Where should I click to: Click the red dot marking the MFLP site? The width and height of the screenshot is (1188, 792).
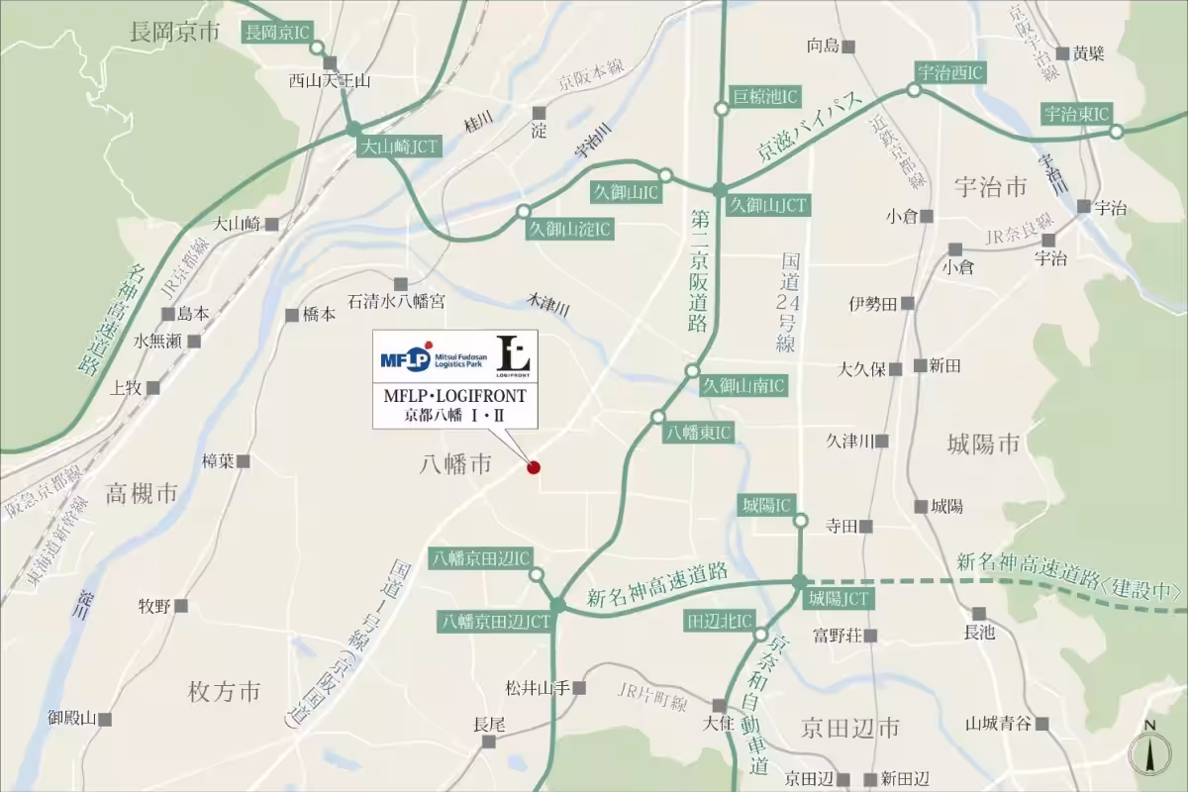[x=534, y=467]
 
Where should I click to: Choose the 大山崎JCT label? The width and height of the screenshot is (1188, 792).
[x=398, y=147]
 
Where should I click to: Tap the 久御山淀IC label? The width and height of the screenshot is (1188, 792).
[x=570, y=230]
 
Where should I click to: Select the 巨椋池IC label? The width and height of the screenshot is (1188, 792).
[x=765, y=96]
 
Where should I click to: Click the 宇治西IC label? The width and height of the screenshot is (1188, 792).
[x=949, y=72]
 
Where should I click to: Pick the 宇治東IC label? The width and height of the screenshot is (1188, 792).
[x=1077, y=114]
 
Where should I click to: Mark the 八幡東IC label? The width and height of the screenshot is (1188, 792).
[x=699, y=433]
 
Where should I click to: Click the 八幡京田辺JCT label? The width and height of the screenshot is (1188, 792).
[x=496, y=622]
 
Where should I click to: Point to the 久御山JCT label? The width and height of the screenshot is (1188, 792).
[x=768, y=205]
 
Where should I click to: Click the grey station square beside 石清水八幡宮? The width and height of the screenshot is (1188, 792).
[x=401, y=283]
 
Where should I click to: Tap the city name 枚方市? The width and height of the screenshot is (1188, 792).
[x=224, y=691]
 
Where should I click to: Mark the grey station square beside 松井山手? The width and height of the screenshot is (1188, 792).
[x=579, y=687]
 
